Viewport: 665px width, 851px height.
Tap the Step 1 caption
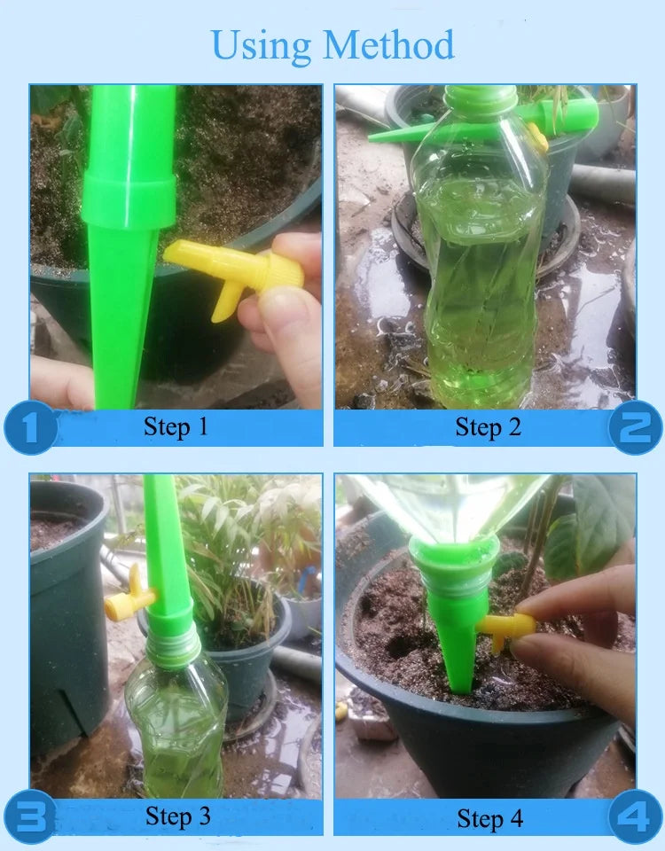[x=176, y=426]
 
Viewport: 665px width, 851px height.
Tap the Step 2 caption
[x=489, y=427]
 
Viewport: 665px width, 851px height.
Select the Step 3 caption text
[x=178, y=816]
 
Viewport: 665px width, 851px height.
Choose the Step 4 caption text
[x=490, y=818]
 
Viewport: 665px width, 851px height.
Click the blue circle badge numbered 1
[x=30, y=427]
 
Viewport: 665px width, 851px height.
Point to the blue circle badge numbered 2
[x=635, y=427]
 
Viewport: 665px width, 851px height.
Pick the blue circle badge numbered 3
[x=30, y=816]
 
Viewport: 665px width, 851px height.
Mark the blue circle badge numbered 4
[x=635, y=817]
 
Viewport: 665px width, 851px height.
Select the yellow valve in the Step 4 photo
[x=505, y=628]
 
